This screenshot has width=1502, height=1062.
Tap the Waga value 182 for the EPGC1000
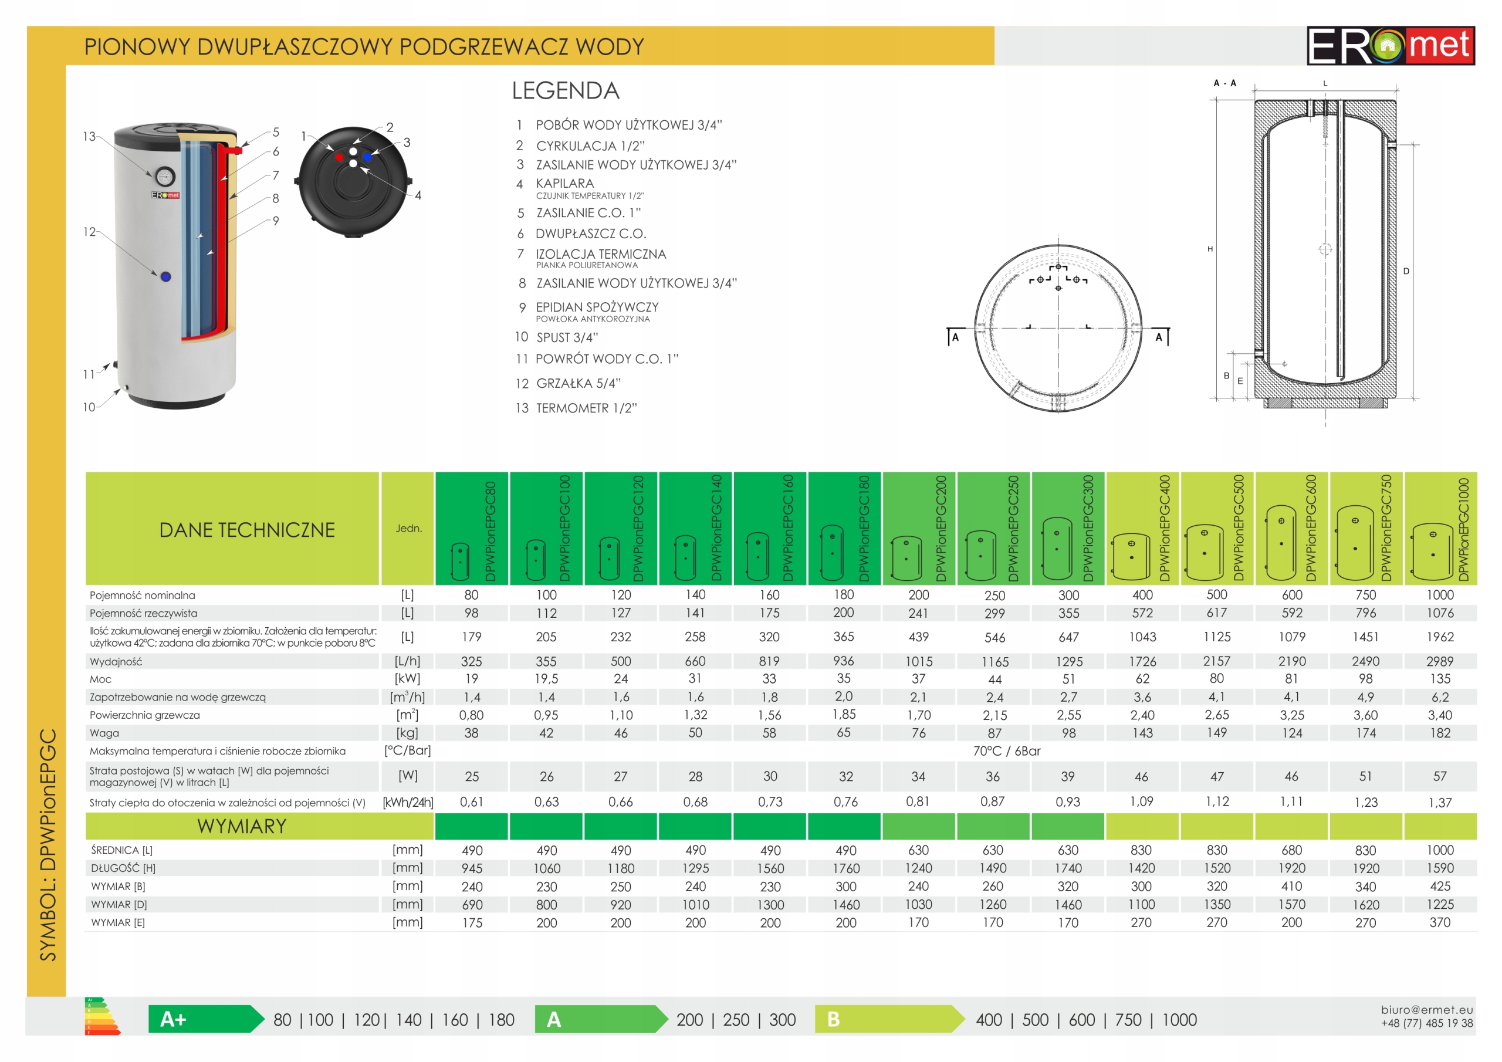(x=1440, y=733)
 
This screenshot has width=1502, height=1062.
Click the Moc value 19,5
(x=546, y=678)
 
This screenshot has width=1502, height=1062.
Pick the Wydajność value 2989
(x=1440, y=661)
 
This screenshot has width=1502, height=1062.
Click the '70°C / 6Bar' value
(x=1006, y=751)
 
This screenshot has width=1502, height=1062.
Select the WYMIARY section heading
(x=242, y=827)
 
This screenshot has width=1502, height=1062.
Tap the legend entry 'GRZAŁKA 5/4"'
(x=579, y=384)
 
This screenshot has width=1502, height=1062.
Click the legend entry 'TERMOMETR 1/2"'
(x=586, y=408)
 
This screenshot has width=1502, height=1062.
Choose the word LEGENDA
(x=565, y=91)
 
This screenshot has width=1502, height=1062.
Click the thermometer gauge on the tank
(x=165, y=176)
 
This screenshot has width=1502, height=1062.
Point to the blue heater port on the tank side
(x=165, y=276)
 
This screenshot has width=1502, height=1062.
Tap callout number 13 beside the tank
(x=89, y=136)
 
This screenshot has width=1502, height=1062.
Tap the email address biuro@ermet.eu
(x=1427, y=1010)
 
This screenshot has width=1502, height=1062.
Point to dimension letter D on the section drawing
(x=1406, y=271)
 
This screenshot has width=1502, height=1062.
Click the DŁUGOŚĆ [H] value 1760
(x=845, y=868)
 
